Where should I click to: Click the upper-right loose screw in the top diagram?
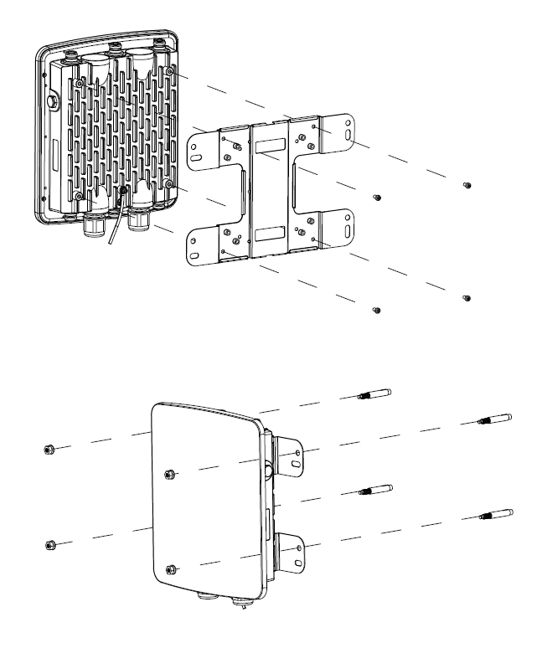468,185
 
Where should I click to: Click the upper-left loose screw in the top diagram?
377,198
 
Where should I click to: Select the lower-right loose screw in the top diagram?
467,298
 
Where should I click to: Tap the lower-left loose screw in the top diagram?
376,311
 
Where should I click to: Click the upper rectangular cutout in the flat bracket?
271,146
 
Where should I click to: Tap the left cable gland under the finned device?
95,226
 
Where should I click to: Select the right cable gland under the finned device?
137,222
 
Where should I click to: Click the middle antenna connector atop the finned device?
116,49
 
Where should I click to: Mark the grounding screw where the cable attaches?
123,192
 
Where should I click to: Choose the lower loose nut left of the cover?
48,545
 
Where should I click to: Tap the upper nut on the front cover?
170,475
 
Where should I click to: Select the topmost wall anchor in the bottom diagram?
375,394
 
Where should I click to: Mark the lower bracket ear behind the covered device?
293,548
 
